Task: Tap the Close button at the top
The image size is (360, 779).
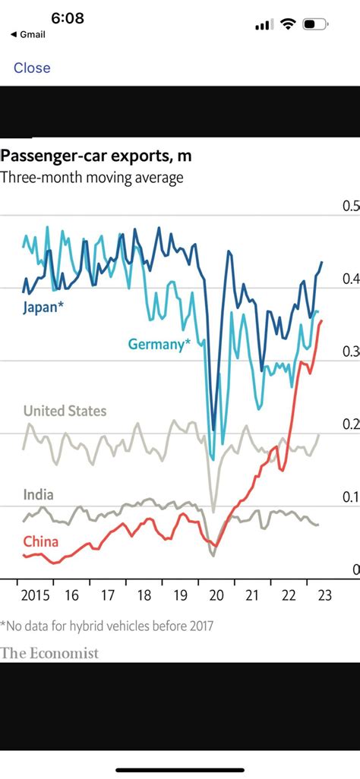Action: [32, 68]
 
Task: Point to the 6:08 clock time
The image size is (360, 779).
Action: [68, 17]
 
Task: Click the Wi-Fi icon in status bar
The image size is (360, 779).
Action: [287, 24]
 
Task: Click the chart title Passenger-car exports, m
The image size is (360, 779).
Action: [96, 156]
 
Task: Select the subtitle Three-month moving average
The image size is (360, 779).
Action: [92, 178]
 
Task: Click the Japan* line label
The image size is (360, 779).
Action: [43, 307]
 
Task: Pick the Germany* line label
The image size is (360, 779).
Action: [159, 344]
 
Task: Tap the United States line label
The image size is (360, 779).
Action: [65, 411]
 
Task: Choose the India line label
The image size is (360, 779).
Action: [38, 494]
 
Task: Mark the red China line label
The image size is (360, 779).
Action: [40, 541]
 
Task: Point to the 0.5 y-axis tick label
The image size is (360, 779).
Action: [351, 207]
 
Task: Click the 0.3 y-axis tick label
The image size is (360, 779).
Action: [351, 352]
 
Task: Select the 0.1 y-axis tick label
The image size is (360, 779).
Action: [351, 497]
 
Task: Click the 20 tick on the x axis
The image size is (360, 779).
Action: [216, 595]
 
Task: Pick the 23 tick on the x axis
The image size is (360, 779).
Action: [325, 595]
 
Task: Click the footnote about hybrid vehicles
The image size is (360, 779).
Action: [107, 626]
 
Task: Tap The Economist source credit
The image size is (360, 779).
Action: [49, 653]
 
